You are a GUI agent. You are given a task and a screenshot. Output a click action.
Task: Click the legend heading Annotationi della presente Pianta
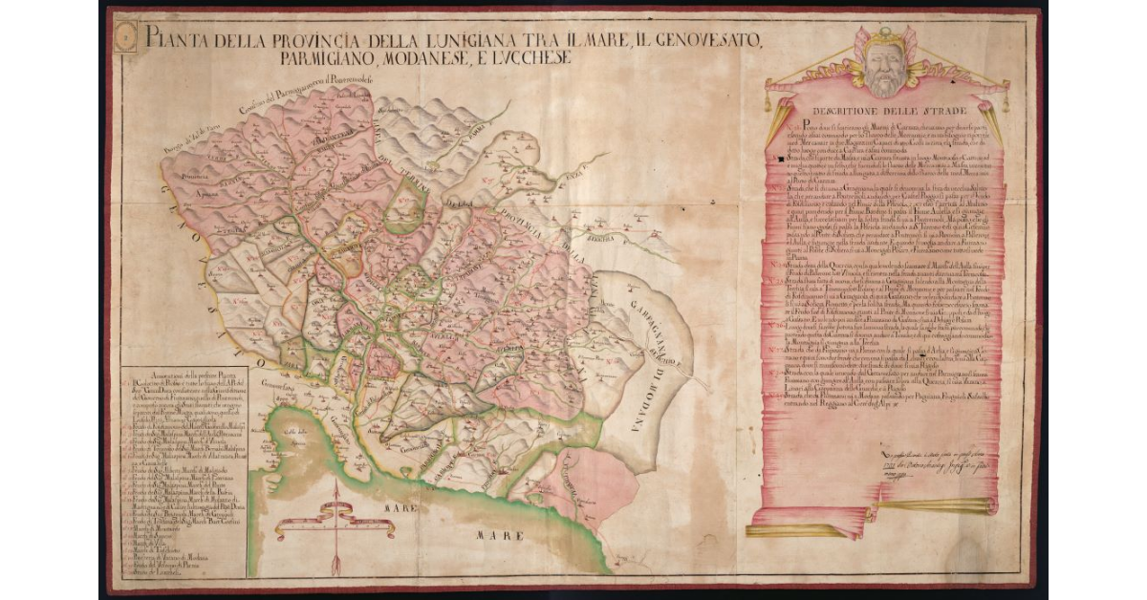click(x=182, y=375)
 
